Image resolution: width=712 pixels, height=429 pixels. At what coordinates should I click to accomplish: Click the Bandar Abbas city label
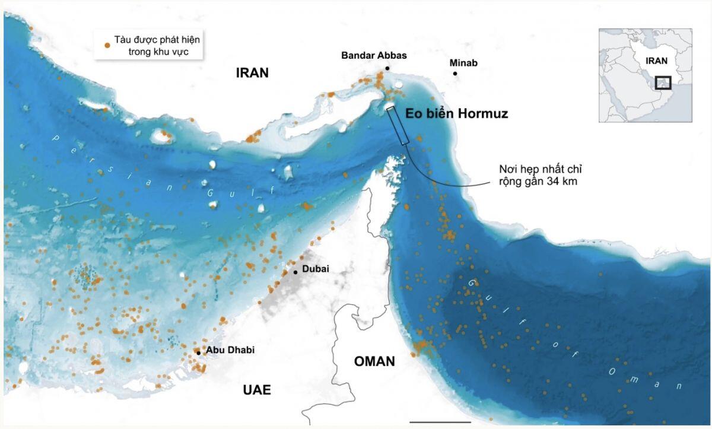coord(374,55)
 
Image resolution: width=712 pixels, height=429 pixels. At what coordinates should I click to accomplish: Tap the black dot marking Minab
coord(455,74)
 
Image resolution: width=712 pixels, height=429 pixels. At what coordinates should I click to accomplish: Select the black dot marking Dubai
coord(295,272)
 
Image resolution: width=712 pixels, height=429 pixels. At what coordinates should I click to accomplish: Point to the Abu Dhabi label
coord(230,350)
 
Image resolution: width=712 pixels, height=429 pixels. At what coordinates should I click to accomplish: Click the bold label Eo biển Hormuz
coord(456,114)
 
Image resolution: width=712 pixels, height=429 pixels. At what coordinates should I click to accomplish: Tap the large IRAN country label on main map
coord(252,73)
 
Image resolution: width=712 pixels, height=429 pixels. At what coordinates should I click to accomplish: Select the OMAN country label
coord(374,361)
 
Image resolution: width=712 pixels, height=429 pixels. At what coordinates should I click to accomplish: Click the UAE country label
coord(257,390)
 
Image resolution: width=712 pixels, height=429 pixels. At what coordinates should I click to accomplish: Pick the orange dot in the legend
coord(107,45)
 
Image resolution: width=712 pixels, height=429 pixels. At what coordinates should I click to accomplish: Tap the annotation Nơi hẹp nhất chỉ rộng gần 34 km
coord(538,175)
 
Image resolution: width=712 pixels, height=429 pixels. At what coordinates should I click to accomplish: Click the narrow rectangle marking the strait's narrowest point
coord(398,125)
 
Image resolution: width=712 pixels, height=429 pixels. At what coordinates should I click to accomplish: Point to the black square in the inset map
coord(663,82)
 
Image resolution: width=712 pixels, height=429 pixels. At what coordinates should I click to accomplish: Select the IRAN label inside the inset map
coord(657,61)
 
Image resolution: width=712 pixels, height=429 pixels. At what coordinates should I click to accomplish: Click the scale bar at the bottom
coord(440,422)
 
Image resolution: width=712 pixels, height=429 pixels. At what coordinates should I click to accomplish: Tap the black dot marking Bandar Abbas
coord(387,68)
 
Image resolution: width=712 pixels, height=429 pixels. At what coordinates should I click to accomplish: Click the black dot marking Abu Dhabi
coord(199,353)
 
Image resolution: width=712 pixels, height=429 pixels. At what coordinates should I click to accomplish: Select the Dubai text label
coord(315,269)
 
